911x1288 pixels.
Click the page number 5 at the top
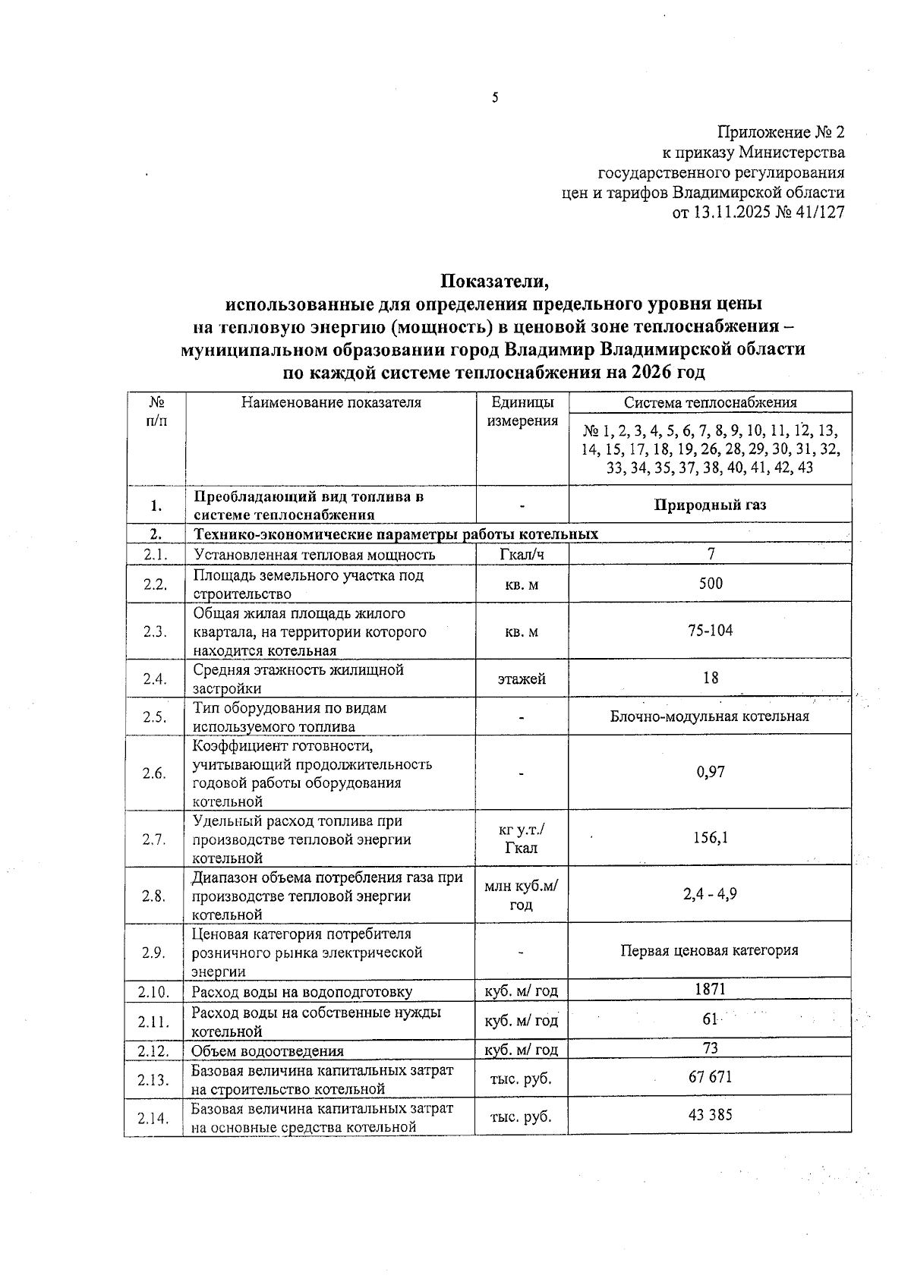495,97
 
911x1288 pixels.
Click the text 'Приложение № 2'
781,132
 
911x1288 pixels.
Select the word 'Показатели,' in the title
495,282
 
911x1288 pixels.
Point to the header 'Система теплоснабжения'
710,403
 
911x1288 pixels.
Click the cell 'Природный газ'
710,505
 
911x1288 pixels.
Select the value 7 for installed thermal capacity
711,555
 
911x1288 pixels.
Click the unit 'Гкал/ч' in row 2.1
522,555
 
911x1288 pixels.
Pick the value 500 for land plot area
711,584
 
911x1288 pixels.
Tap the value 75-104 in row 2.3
711,631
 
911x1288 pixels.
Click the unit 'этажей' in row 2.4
522,679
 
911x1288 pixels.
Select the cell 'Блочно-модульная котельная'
710,716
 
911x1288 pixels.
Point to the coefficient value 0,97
711,773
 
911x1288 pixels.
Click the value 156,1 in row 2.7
711,838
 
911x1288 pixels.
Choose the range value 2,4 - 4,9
710,895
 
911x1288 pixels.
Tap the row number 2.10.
154,992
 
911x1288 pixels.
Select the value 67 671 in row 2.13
711,1078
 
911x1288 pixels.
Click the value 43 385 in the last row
711,1115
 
